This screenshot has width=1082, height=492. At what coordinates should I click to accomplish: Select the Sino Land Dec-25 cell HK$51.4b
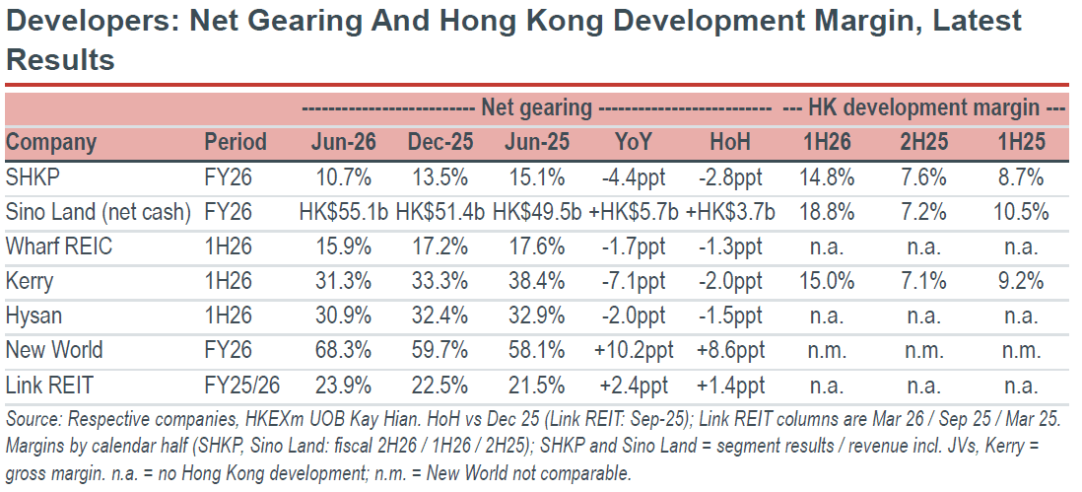[x=440, y=213]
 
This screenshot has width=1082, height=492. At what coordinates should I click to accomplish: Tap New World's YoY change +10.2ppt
[x=634, y=351]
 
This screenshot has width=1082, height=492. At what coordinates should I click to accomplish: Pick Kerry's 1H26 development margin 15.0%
[x=827, y=282]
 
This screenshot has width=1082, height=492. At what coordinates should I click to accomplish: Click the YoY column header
[x=634, y=142]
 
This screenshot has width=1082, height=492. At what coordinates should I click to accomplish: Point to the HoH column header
[x=730, y=142]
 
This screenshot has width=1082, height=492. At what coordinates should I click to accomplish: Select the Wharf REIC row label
[x=59, y=247]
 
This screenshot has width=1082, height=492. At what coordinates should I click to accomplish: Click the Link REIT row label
[x=49, y=386]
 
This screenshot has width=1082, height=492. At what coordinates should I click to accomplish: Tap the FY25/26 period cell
[x=241, y=386]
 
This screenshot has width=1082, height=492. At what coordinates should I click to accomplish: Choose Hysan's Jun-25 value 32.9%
[x=537, y=316]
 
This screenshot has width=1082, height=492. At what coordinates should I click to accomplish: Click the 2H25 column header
[x=924, y=142]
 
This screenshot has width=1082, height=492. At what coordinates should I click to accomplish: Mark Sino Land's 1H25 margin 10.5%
[x=1021, y=213]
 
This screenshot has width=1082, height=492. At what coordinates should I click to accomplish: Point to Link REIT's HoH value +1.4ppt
[x=730, y=386]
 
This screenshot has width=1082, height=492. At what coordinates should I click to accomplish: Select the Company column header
[x=51, y=142]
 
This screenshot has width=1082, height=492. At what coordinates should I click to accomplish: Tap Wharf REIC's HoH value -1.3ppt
[x=730, y=247]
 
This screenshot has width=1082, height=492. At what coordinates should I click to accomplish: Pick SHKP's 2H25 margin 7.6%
[x=924, y=178]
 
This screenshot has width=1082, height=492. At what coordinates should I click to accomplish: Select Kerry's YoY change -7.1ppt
[x=634, y=282]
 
